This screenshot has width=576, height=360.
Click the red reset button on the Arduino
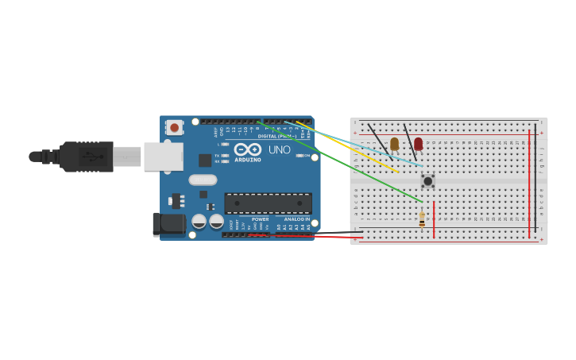tap(174, 127)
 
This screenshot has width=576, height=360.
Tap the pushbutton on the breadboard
tap(427, 181)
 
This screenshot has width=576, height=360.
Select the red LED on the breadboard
tap(418, 144)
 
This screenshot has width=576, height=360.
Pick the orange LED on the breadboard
tap(394, 144)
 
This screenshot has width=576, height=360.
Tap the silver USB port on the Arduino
tap(163, 157)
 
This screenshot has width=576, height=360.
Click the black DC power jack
tap(168, 225)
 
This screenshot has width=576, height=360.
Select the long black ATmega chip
tap(268, 203)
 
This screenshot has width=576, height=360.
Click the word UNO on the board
tap(279, 149)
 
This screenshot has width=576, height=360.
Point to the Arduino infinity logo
tap(248, 149)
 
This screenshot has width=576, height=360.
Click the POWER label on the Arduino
tap(260, 219)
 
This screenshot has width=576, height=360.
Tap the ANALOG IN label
tap(296, 219)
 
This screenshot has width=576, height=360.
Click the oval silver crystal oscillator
tap(203, 180)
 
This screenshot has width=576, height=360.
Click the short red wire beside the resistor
tap(434, 215)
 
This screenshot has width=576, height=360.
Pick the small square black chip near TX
tap(205, 161)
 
